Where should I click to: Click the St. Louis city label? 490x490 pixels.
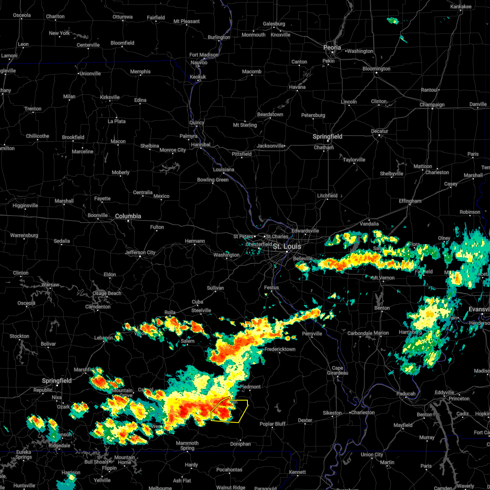(287, 246)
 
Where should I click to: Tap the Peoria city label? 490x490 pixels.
(332, 48)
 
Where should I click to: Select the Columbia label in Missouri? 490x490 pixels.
(128, 216)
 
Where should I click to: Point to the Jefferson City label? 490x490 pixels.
(140, 252)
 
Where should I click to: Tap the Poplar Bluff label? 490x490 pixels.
(272, 424)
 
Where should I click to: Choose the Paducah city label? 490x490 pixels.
(406, 394)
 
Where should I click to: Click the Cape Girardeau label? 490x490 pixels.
(337, 370)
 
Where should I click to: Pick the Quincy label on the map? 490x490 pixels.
(197, 122)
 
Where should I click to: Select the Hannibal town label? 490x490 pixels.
(200, 145)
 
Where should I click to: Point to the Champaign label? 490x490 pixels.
(432, 105)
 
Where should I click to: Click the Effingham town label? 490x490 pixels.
(410, 201)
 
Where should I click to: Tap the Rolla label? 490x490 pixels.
(170, 312)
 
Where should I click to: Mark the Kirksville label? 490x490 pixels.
(110, 97)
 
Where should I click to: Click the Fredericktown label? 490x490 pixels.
(280, 349)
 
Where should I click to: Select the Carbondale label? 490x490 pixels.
(360, 333)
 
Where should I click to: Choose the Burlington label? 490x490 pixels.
(219, 37)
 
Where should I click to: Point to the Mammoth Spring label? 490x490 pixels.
(187, 445)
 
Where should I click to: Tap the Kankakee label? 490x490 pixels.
(461, 7)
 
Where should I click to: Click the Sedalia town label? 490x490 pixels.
(62, 241)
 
